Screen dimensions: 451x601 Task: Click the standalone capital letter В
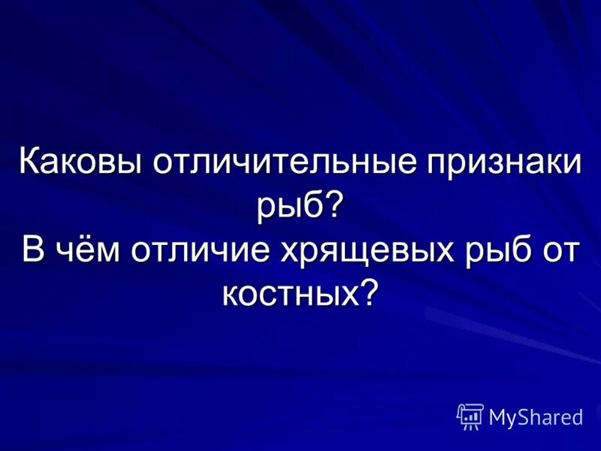[x=32, y=248]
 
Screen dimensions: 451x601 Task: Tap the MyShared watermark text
[x=536, y=418]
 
